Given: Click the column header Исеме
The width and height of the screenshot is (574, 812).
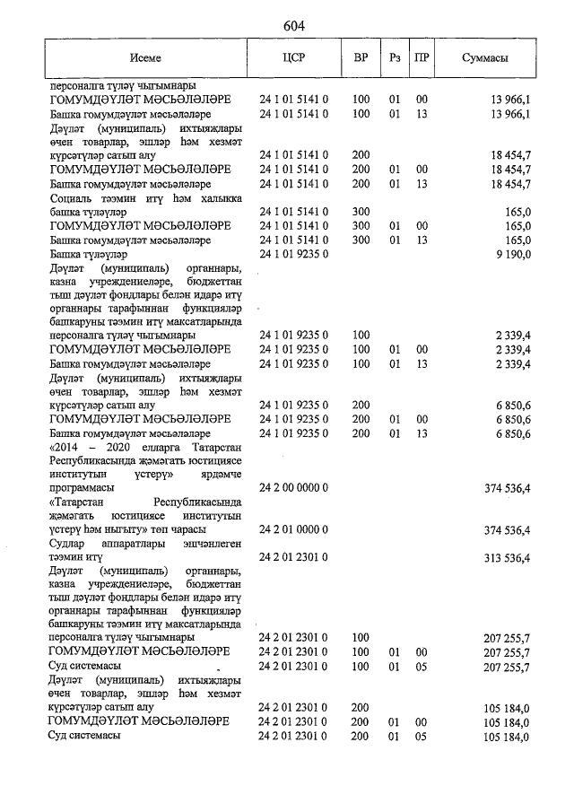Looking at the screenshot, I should click(x=144, y=57).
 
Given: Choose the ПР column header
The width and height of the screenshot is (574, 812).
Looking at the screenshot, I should click(x=422, y=57).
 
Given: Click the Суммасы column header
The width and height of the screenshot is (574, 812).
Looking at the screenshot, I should click(x=485, y=57).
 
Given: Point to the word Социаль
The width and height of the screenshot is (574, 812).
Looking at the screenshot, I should click(x=71, y=197).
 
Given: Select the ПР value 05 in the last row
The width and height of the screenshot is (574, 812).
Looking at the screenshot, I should click(x=422, y=737).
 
